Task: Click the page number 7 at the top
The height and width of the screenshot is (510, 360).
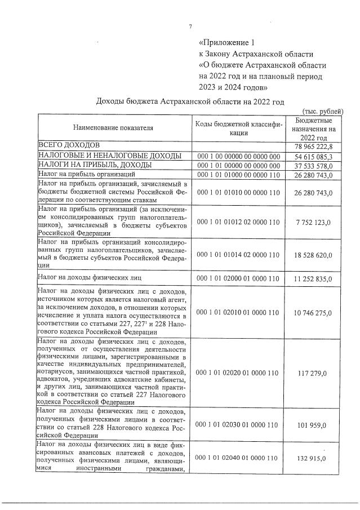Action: pos(190,26)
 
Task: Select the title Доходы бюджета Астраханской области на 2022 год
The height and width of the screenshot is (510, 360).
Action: pos(190,101)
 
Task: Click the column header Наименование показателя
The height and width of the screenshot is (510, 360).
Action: pos(113,128)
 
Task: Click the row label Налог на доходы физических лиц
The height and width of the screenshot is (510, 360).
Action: pos(90,278)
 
